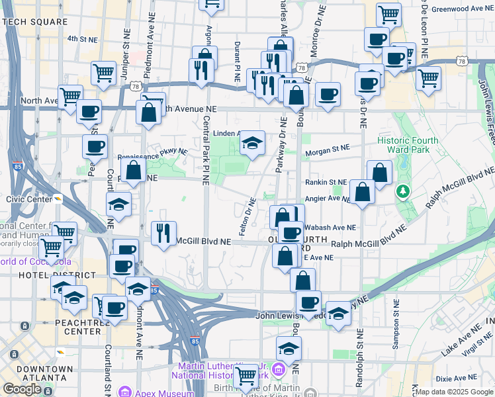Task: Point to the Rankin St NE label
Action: [x=326, y=182]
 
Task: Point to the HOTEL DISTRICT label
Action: [x=25, y=275]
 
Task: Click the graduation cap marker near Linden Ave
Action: [x=252, y=142]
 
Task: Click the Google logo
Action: [x=21, y=389]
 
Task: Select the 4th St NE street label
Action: [x=83, y=39]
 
